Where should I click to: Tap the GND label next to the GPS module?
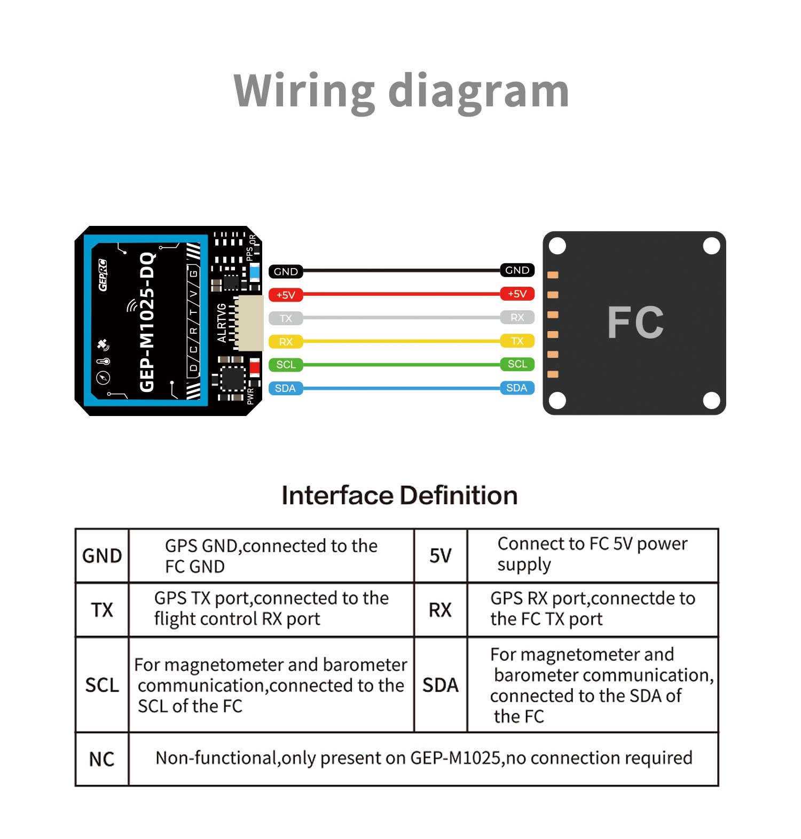point(286,271)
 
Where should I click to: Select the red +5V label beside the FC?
point(517,294)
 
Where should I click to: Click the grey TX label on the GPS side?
point(286,318)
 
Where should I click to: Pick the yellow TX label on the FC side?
point(517,341)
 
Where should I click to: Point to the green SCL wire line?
point(400,365)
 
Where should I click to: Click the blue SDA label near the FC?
point(516,388)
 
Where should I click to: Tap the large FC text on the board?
point(635,323)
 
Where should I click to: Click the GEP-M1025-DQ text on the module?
point(147,323)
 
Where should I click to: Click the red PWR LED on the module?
point(255,367)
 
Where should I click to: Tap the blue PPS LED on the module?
point(255,272)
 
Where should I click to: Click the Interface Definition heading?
point(399,495)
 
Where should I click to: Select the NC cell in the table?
point(101,759)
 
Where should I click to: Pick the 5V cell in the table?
point(441,555)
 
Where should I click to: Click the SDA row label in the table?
point(441,685)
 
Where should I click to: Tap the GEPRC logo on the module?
point(103,275)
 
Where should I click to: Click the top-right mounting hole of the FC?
point(711,246)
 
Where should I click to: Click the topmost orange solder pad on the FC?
point(553,275)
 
